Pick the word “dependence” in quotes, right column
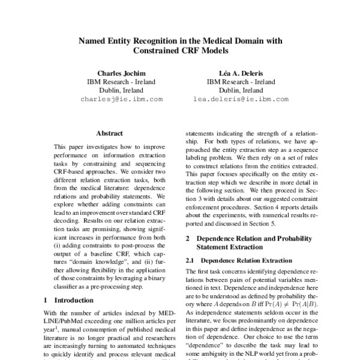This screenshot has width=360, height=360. point(205,346)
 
